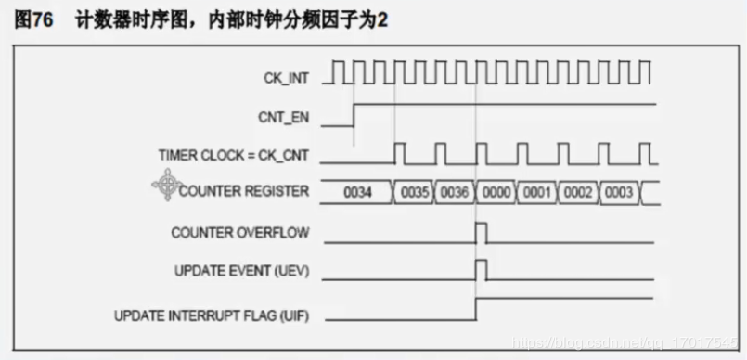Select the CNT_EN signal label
pyautogui.click(x=284, y=118)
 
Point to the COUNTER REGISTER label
pyautogui.click(x=244, y=192)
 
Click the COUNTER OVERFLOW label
pyautogui.click(x=240, y=232)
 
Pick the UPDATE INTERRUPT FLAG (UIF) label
pyautogui.click(x=212, y=315)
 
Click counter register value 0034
pyautogui.click(x=358, y=193)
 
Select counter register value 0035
pyautogui.click(x=414, y=193)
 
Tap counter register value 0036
pyautogui.click(x=455, y=193)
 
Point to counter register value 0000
pyautogui.click(x=496, y=193)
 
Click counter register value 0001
pyautogui.click(x=536, y=193)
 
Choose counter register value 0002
pyautogui.click(x=577, y=193)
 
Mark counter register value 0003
pyautogui.click(x=618, y=193)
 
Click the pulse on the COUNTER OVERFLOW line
pyautogui.click(x=481, y=232)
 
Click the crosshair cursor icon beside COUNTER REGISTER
pyautogui.click(x=166, y=185)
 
